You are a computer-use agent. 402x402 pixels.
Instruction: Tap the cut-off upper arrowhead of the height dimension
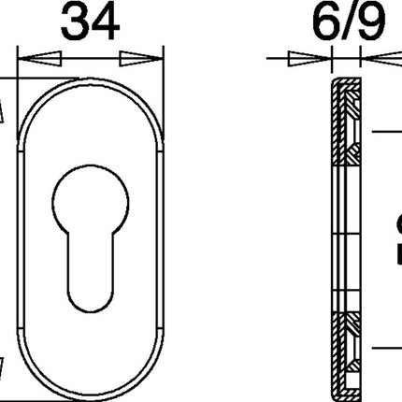click(4, 108)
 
